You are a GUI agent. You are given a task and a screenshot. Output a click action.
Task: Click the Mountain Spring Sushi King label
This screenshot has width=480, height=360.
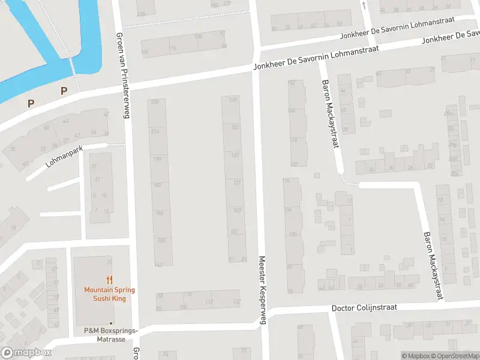109,294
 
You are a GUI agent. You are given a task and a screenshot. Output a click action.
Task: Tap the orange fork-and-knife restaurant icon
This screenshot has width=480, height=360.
109,280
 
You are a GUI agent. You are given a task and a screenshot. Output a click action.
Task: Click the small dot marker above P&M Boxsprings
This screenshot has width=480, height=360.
110,323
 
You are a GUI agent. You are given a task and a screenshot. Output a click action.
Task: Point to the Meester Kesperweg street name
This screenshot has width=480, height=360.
262,290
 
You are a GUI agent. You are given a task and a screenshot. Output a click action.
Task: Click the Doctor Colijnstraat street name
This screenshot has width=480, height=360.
364,307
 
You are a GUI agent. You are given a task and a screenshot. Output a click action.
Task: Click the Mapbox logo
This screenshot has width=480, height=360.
26,353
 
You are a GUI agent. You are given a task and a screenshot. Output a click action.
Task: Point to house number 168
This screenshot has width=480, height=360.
234,100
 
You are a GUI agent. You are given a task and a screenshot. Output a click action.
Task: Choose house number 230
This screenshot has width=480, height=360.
155,103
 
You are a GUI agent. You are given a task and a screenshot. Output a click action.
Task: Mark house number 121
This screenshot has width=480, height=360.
237,182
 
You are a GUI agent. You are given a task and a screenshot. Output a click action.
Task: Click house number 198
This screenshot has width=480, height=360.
157,158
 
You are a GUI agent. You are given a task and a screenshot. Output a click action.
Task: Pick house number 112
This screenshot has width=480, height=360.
209,301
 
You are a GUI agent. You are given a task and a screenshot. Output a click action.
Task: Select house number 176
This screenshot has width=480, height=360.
173,49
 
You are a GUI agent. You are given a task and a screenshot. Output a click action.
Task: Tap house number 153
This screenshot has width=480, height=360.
235,127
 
